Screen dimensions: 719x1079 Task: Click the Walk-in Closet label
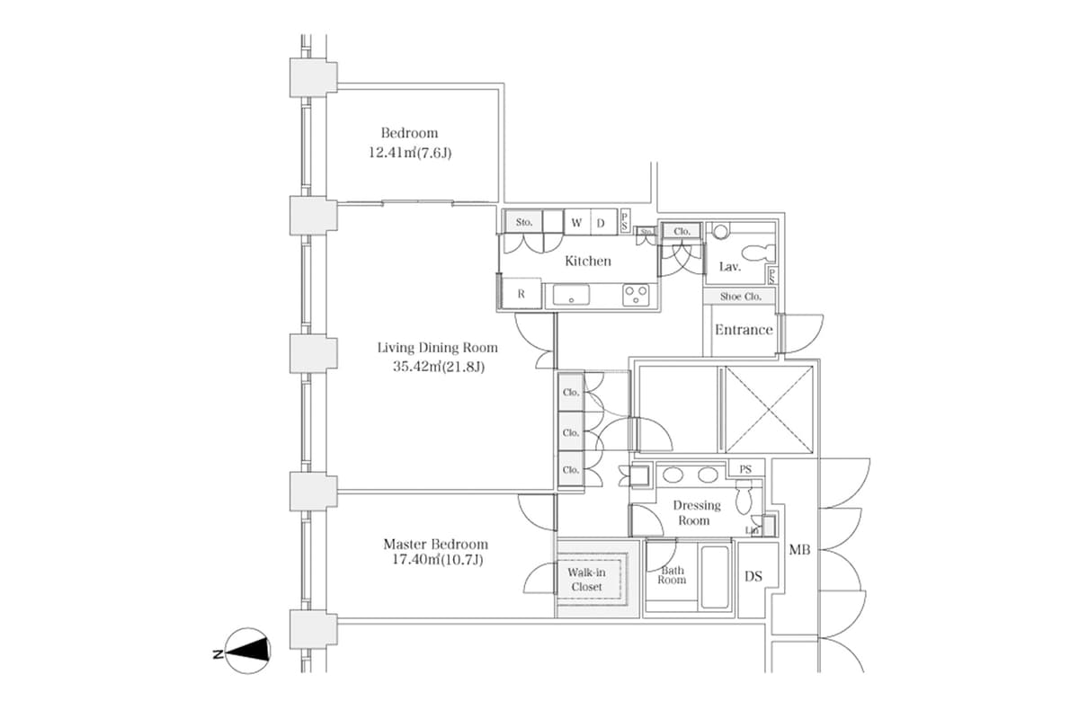(585, 580)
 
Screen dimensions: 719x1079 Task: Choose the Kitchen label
(587, 261)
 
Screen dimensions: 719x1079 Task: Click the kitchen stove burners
(637, 294)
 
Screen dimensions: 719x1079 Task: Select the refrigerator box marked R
(521, 294)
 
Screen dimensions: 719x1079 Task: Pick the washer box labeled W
(576, 222)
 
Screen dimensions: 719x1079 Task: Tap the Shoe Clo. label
(740, 296)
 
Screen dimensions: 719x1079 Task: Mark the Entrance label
(744, 330)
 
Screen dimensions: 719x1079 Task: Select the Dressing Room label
(696, 512)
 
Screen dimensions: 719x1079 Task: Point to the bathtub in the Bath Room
(716, 577)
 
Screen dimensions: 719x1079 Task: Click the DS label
(754, 576)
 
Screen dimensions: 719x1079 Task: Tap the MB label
(799, 549)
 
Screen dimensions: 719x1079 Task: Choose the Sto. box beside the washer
(524, 222)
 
